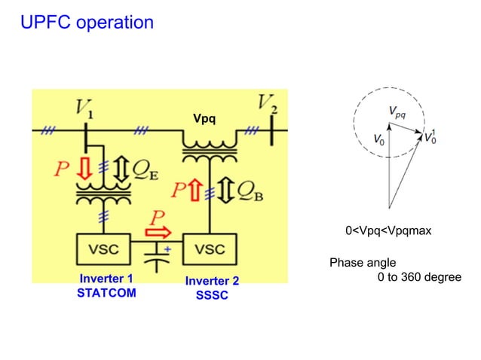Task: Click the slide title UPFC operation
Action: coord(87,23)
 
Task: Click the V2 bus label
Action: coord(267,103)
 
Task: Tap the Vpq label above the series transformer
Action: coord(204,119)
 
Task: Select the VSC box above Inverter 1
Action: coord(104,249)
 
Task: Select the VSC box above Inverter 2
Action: coord(210,249)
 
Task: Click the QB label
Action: coord(250,193)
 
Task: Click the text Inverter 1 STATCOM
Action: coord(106,286)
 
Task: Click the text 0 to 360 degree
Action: coord(418,277)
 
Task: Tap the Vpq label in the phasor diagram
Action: coord(397,113)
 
